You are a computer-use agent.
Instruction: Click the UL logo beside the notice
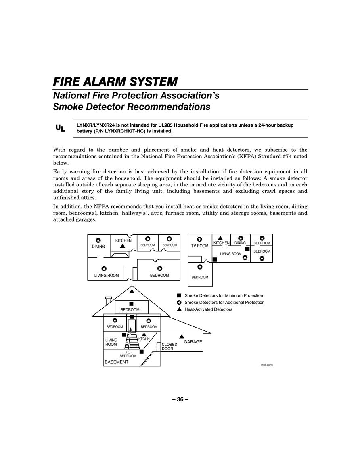pyautogui.click(x=61, y=128)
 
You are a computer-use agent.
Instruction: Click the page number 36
pyautogui.click(x=180, y=399)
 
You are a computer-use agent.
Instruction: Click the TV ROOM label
pyautogui.click(x=200, y=246)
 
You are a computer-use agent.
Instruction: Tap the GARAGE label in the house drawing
pyautogui.click(x=193, y=342)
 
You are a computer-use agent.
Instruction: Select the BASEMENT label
pyautogui.click(x=117, y=362)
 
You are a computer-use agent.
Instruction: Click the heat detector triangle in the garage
pyautogui.click(x=182, y=336)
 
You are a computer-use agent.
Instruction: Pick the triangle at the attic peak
pyautogui.click(x=132, y=291)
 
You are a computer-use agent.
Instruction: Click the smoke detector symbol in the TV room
pyautogui.click(x=200, y=239)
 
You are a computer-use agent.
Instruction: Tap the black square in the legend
pyautogui.click(x=179, y=295)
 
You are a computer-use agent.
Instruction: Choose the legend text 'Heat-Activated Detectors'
pyautogui.click(x=208, y=309)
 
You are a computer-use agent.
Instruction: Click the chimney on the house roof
pyautogui.click(x=109, y=300)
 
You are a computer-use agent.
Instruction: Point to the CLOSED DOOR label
pyautogui.click(x=170, y=347)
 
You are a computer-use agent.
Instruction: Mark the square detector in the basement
pyautogui.click(x=142, y=352)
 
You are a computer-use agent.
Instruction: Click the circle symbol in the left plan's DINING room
pyautogui.click(x=98, y=240)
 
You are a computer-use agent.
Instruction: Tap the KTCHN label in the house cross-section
pyautogui.click(x=144, y=339)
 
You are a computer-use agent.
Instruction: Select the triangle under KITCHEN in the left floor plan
pyautogui.click(x=122, y=246)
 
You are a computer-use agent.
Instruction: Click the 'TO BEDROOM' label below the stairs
pyautogui.click(x=128, y=354)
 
